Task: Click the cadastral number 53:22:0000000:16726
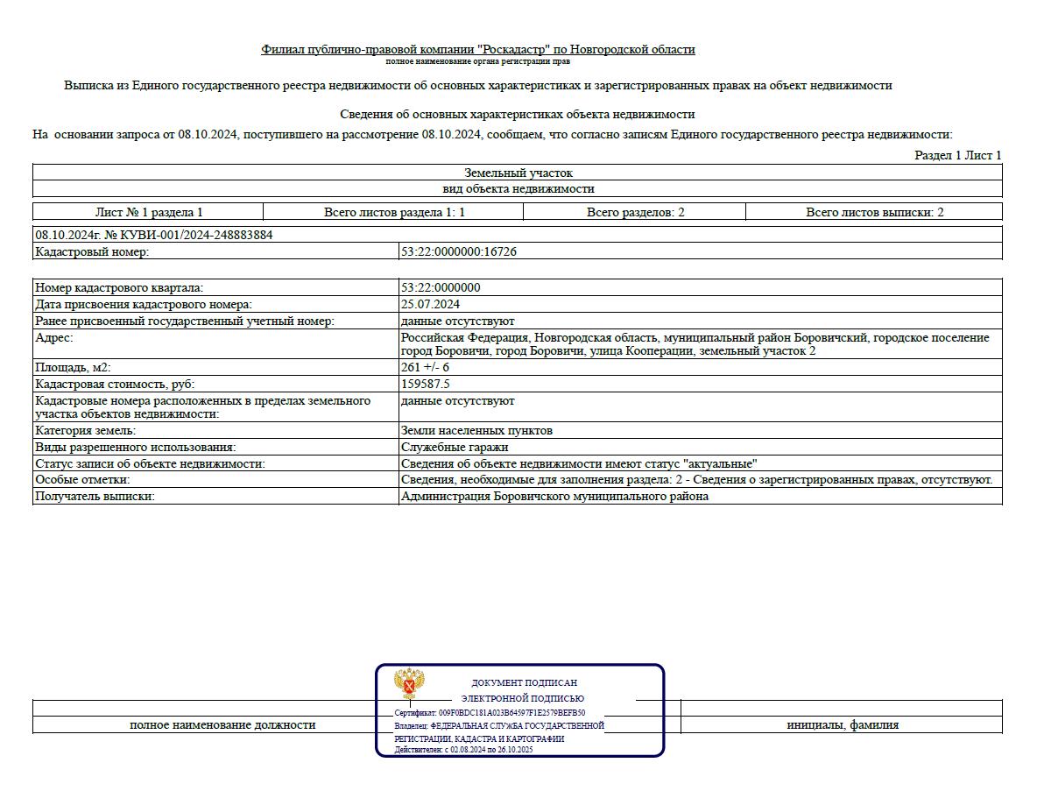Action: point(458,251)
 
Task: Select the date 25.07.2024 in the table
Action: point(430,304)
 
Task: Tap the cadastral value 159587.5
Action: point(425,384)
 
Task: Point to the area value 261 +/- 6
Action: point(425,367)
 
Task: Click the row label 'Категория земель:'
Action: point(86,430)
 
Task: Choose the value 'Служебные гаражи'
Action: point(454,447)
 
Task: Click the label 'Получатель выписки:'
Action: point(95,496)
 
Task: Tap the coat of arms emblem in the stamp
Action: point(410,683)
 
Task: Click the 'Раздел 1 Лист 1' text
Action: point(957,155)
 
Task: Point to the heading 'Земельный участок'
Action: point(518,173)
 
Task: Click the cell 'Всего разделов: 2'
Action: point(635,212)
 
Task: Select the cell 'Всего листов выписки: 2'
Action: point(874,212)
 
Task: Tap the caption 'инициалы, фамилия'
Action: point(842,724)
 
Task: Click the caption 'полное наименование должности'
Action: point(222,724)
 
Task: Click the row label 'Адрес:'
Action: point(54,337)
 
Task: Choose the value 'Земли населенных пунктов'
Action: point(476,430)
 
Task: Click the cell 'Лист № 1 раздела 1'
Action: point(149,212)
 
